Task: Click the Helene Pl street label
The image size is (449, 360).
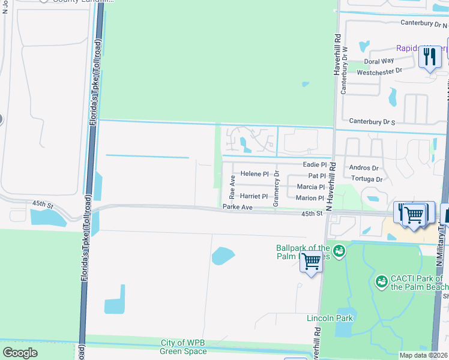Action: (x=255, y=174)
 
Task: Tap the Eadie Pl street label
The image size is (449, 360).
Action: (x=315, y=164)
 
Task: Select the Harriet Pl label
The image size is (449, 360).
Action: (x=254, y=196)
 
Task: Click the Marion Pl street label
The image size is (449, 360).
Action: (x=310, y=198)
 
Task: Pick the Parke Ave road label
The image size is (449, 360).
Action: (x=237, y=207)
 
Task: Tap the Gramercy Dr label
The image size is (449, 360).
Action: (x=277, y=188)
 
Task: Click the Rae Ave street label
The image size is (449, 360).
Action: (x=232, y=188)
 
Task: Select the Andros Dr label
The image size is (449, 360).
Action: (x=364, y=169)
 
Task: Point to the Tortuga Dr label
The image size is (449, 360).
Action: (x=366, y=179)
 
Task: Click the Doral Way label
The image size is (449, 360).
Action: (x=379, y=61)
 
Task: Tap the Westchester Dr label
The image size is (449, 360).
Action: (x=379, y=71)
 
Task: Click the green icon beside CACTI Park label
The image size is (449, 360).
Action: (x=381, y=281)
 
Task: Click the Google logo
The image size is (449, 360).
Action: (x=20, y=352)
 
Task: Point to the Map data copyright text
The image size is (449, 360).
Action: (x=424, y=355)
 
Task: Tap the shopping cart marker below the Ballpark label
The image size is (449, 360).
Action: (x=311, y=262)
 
